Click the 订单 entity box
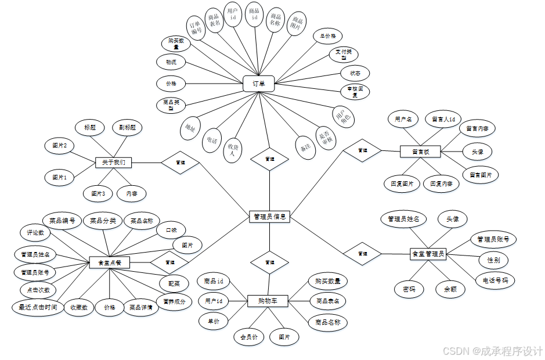pyautogui.click(x=258, y=84)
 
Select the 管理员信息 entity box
pyautogui.click(x=269, y=217)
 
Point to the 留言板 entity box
pyautogui.click(x=420, y=152)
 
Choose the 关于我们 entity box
pyautogui.click(x=114, y=162)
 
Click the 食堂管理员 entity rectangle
pyautogui.click(x=428, y=254)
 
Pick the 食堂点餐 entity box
pyautogui.click(x=110, y=262)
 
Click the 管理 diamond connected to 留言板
pyautogui.click(x=362, y=150)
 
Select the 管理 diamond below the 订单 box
pyautogui.click(x=269, y=159)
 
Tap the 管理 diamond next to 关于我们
pyautogui.click(x=180, y=163)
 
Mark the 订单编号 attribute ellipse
pyautogui.click(x=196, y=27)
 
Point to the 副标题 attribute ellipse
pyautogui.click(x=127, y=127)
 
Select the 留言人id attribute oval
pyautogui.click(x=443, y=120)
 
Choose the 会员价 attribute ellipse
pyautogui.click(x=248, y=336)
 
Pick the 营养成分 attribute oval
pyautogui.click(x=174, y=301)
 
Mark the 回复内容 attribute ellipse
pyautogui.click(x=441, y=183)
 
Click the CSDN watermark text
pyautogui.click(x=493, y=351)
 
